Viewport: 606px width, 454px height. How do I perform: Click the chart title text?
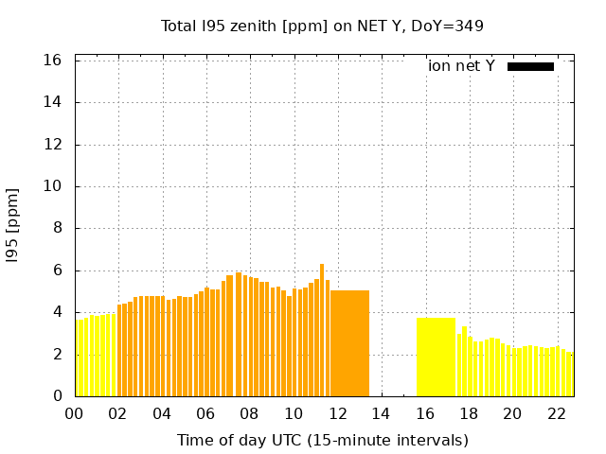(322, 26)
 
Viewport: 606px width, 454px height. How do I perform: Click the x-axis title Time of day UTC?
(322, 440)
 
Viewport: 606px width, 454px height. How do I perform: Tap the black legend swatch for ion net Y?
(530, 66)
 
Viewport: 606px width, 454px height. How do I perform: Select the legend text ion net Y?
(461, 66)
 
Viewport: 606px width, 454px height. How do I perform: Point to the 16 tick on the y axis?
(53, 61)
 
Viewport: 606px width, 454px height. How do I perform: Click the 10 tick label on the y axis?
(53, 186)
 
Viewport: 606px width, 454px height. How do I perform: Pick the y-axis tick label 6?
(58, 271)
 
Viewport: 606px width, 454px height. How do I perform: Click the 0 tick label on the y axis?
(58, 396)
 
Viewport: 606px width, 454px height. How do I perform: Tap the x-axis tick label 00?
(74, 413)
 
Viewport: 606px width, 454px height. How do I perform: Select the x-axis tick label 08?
(249, 413)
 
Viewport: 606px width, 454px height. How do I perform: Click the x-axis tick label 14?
(381, 413)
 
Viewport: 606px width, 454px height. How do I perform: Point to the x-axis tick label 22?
(556, 413)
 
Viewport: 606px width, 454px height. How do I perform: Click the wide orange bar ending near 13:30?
(349, 343)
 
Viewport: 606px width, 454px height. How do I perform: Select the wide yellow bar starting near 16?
(436, 357)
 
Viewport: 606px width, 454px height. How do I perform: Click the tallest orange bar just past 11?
(322, 330)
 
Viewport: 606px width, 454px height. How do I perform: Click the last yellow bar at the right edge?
(570, 375)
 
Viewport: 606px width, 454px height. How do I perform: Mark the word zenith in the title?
(250, 26)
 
